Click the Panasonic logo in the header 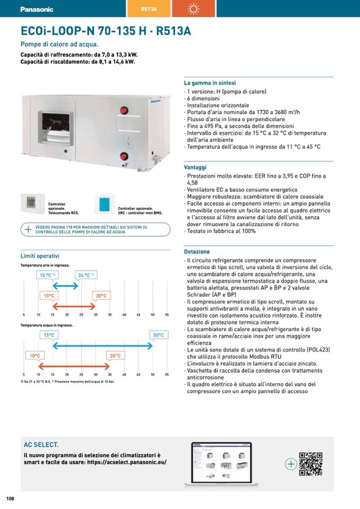pos(37,9)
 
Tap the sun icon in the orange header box pos(192,9)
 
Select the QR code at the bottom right pos(311,463)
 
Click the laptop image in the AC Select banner pos(220,463)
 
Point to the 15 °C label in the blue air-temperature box pos(48,275)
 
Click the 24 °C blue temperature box pos(86,275)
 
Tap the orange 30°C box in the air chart pos(101,296)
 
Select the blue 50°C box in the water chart pos(158,335)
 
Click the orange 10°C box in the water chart pos(35,356)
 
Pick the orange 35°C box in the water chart pos(115,356)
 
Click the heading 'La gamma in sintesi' pos(210,83)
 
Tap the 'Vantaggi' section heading pos(195,167)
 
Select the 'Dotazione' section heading pos(197,252)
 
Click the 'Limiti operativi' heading pos(40,256)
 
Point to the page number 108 pos(10,498)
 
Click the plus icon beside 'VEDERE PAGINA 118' pos(28,229)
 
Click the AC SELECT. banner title pos(41,445)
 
